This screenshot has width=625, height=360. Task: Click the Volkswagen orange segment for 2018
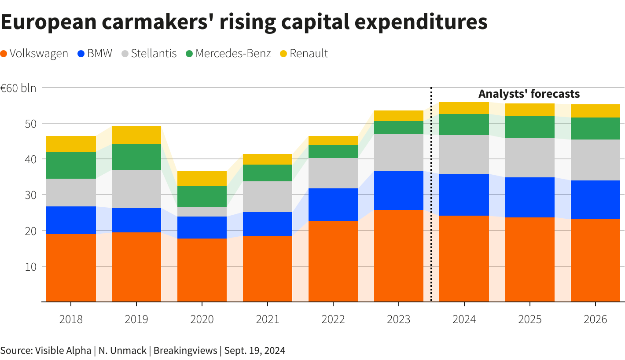tap(71, 268)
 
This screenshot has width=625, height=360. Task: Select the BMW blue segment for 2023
tap(398, 190)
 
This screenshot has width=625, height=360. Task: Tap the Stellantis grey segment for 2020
tap(202, 211)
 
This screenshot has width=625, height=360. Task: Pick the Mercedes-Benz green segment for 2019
tap(136, 157)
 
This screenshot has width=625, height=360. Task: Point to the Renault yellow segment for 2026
tap(595, 111)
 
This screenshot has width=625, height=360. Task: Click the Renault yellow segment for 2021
tap(268, 159)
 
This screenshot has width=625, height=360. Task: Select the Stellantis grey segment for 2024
tap(464, 154)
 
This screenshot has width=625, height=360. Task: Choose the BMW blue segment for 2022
tap(333, 204)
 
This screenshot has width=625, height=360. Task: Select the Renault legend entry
tap(304, 54)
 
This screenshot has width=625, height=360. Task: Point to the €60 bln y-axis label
tap(18, 88)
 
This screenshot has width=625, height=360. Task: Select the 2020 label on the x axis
tap(202, 319)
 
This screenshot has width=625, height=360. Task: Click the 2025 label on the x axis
tap(529, 319)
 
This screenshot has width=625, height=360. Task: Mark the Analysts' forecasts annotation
tap(529, 94)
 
